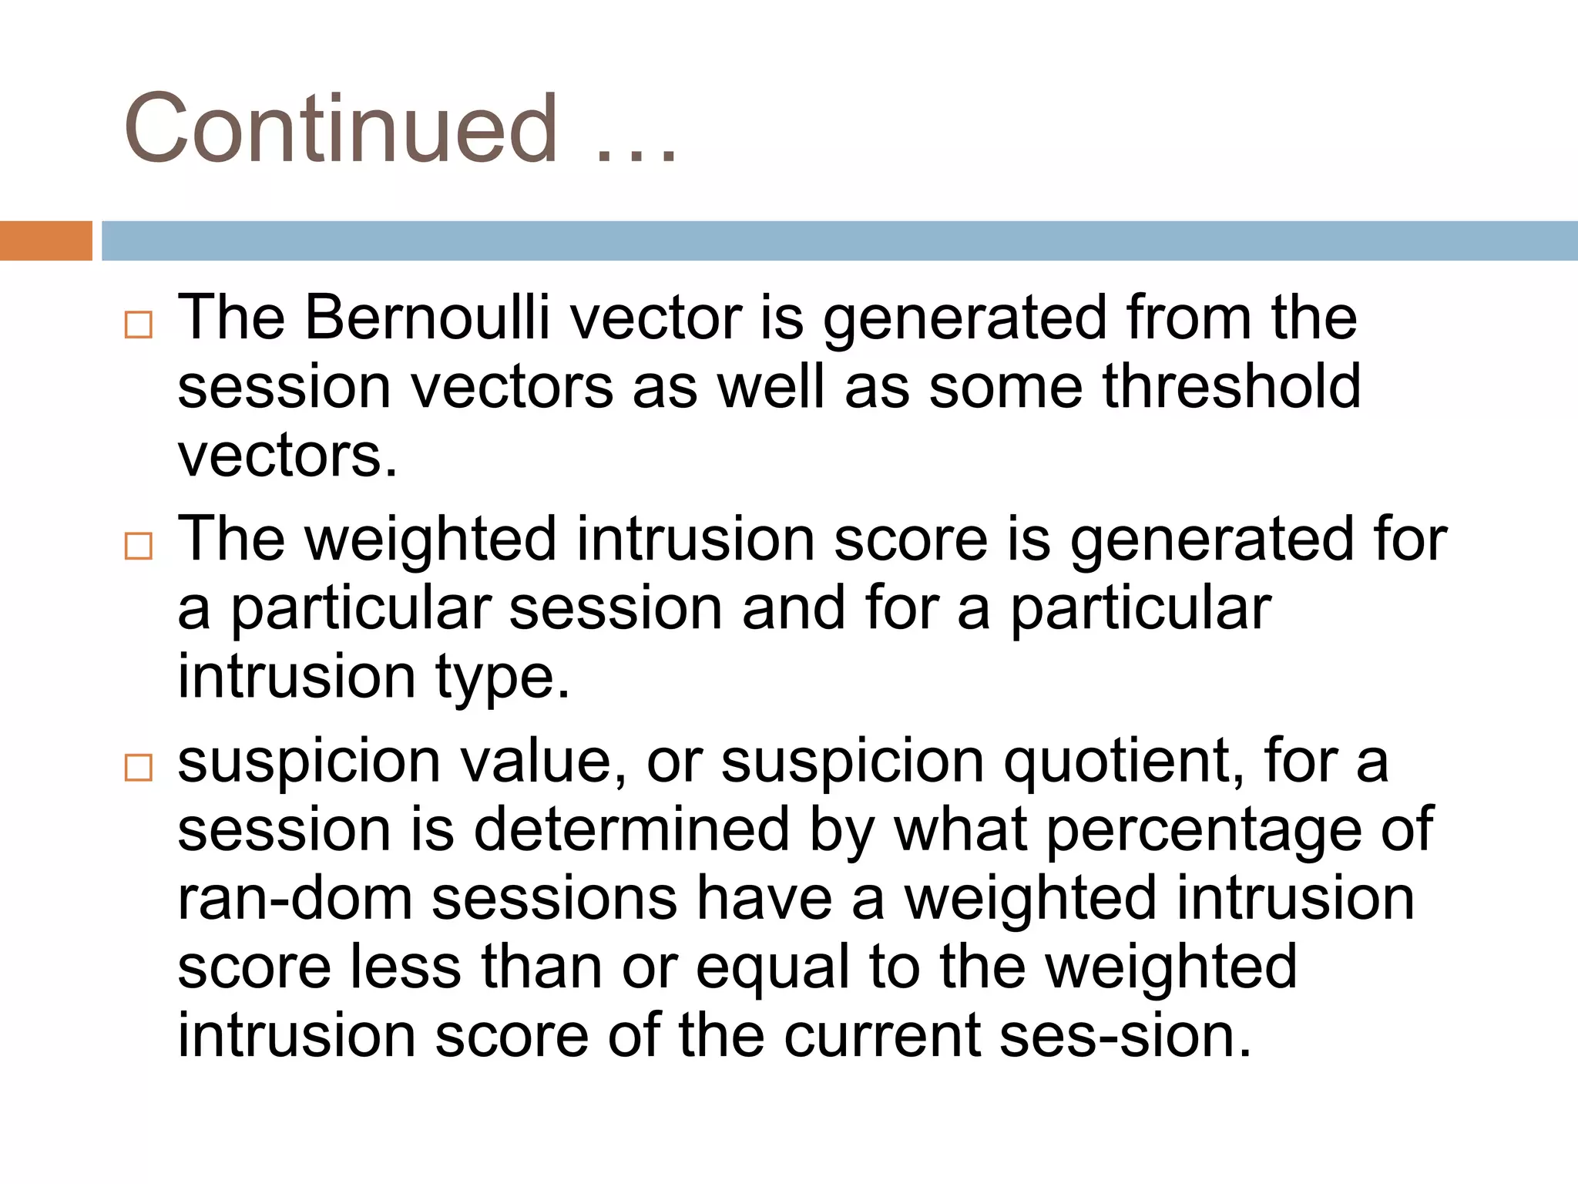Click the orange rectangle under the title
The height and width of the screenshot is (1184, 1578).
[45, 240]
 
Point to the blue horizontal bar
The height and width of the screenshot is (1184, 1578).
[839, 240]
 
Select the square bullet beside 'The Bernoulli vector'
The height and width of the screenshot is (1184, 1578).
[139, 325]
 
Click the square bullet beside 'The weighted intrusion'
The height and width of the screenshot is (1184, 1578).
[139, 547]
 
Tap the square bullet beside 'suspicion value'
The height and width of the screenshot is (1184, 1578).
[139, 768]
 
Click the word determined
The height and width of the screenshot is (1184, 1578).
[632, 829]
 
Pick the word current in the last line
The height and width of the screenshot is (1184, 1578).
[882, 1035]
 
